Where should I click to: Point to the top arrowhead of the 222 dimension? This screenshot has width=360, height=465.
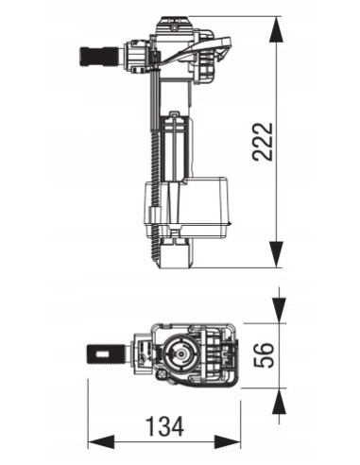pos(275,27)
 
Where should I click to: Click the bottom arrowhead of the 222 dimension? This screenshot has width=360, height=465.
pos(275,254)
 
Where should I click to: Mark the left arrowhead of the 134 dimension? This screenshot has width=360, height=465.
pos(98,442)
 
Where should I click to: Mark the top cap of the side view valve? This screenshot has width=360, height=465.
pos(171,22)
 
